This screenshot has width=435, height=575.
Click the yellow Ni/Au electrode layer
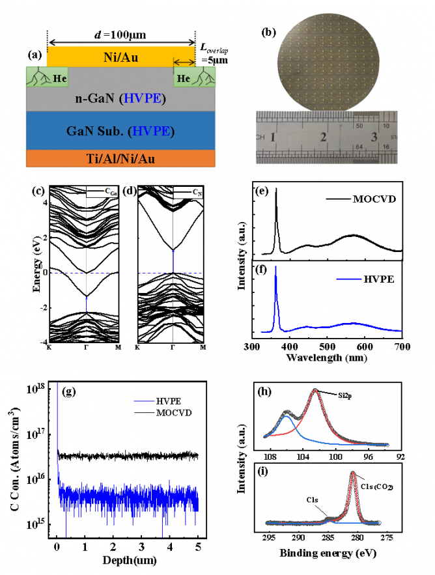pyautogui.click(x=121, y=56)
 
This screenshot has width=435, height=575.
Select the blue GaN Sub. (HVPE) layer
pyautogui.click(x=121, y=130)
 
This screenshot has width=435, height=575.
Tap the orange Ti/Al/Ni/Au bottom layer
pyautogui.click(x=121, y=158)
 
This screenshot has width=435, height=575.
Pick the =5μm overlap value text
pyautogui.click(x=210, y=61)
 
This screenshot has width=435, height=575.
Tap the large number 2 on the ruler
pyautogui.click(x=323, y=137)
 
